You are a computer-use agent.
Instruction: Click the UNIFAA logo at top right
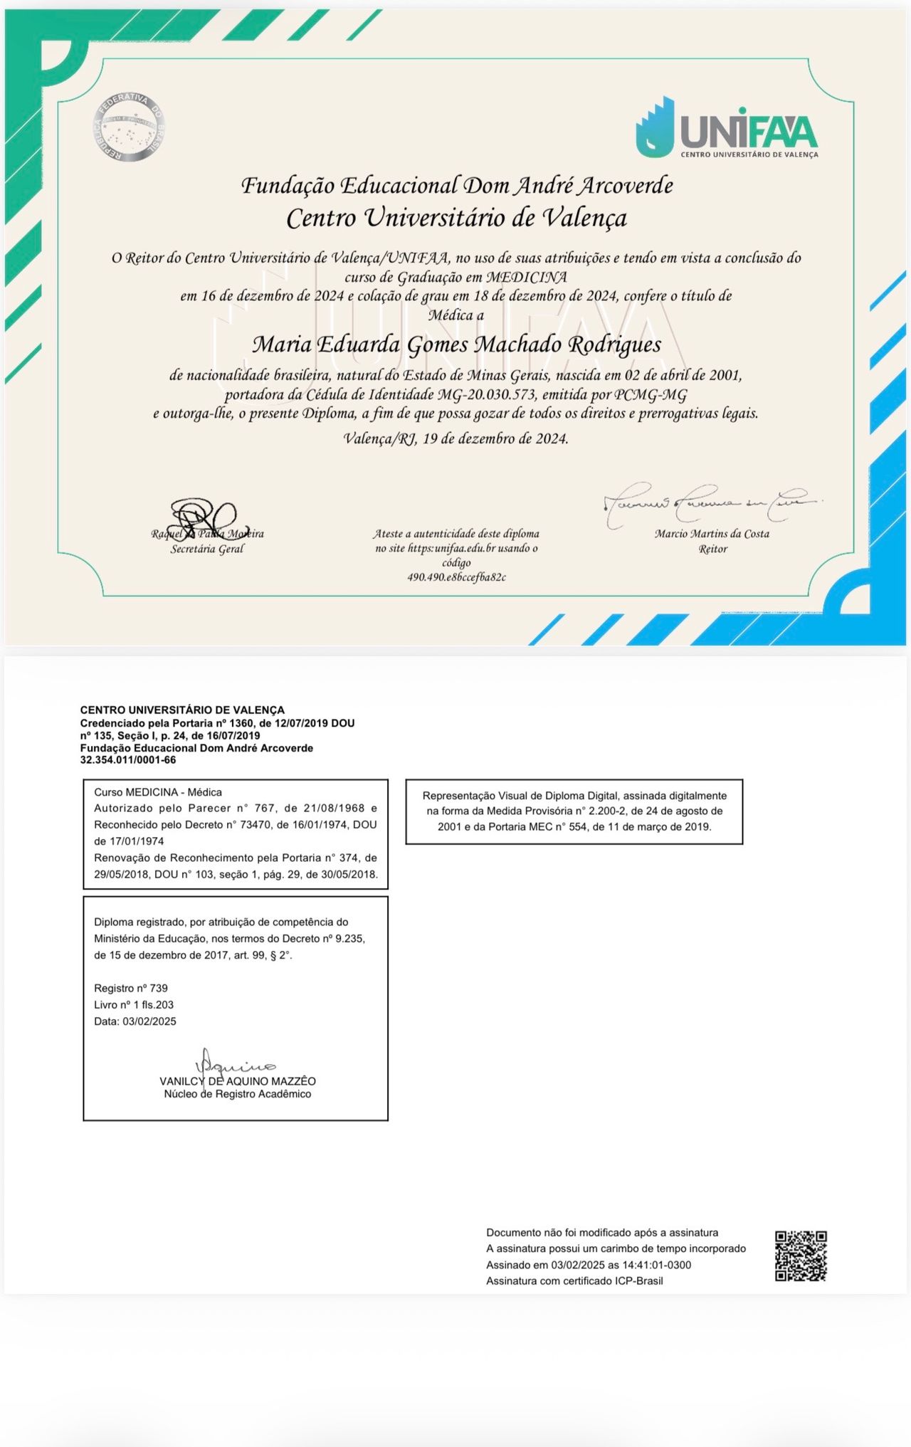coord(727,128)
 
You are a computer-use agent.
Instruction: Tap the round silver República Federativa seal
coord(129,127)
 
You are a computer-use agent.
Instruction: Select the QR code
coord(801,1256)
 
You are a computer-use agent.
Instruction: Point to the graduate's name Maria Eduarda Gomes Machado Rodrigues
coord(456,344)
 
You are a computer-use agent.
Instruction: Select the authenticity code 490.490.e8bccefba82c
coord(456,577)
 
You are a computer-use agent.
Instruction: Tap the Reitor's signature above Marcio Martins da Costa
coord(708,505)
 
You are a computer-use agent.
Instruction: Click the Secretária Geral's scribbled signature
coord(204,517)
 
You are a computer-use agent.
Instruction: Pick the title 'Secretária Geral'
coord(207,549)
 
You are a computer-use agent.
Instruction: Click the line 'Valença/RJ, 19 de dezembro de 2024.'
coord(456,438)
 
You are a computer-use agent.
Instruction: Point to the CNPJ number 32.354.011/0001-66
coord(128,760)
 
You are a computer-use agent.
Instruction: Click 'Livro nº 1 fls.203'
coord(134,1005)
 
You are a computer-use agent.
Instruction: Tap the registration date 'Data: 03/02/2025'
coord(135,1021)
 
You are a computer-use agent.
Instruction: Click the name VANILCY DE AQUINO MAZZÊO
coord(238,1081)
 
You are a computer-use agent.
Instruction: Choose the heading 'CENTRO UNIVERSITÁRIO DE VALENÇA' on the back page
coord(182,710)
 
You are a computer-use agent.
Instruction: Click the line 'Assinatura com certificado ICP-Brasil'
coord(574,1281)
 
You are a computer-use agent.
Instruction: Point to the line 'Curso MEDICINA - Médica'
coord(158,792)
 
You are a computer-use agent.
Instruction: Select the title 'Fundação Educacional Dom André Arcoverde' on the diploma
coord(457,186)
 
